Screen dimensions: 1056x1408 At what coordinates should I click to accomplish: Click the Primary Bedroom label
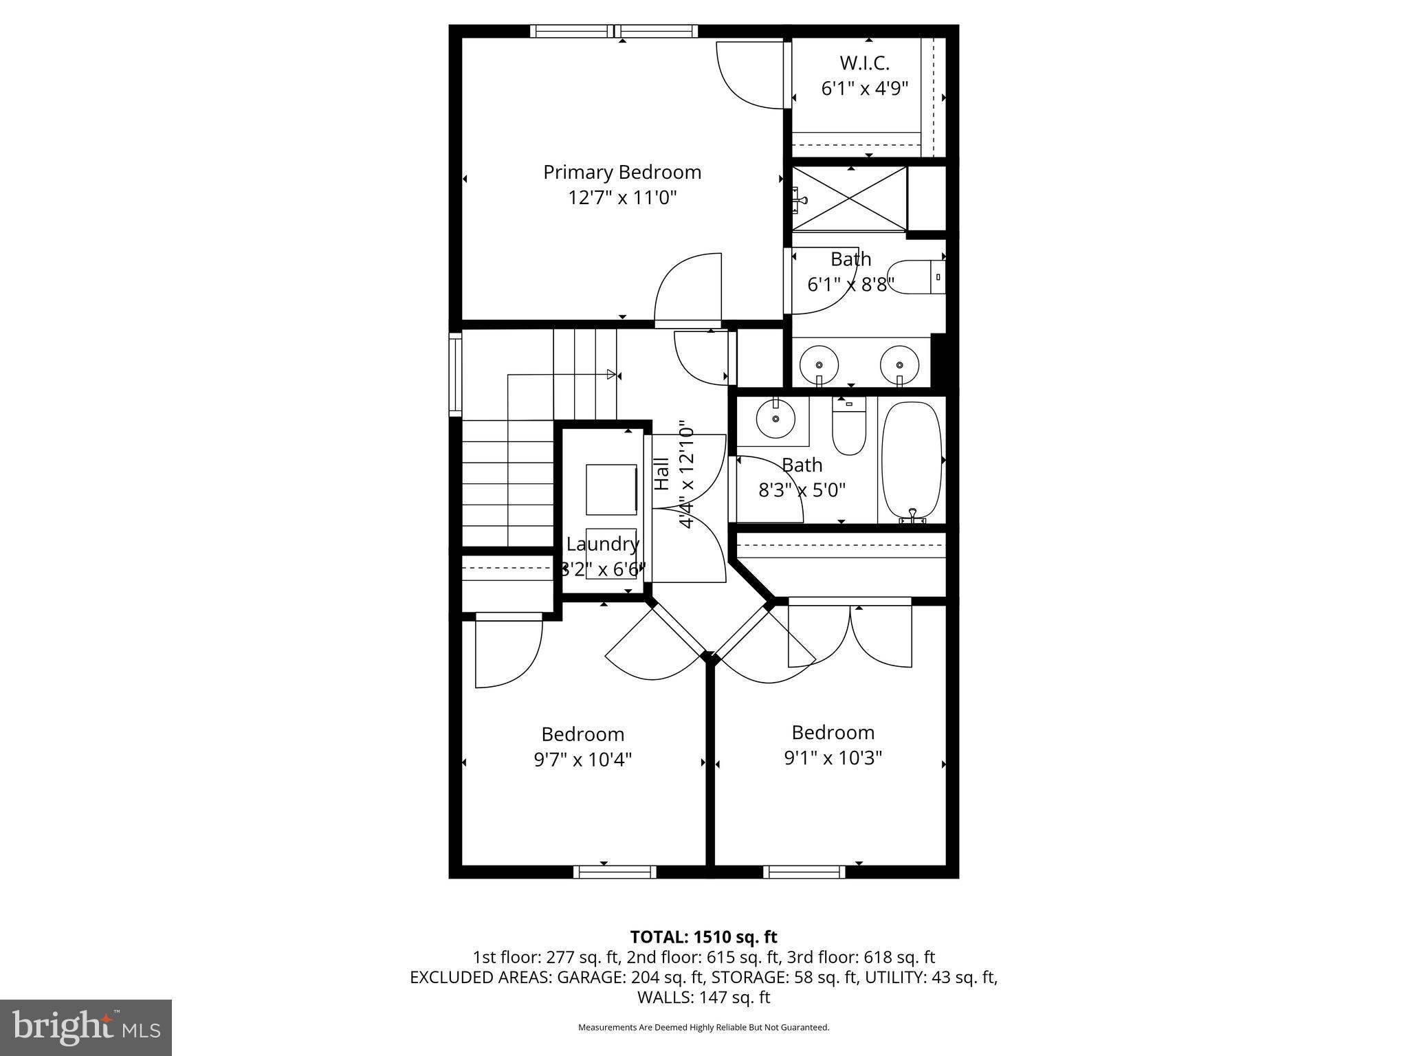[622, 172]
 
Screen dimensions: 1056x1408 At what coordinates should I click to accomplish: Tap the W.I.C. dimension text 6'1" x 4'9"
[865, 89]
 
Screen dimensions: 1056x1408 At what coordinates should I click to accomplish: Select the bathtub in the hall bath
[911, 461]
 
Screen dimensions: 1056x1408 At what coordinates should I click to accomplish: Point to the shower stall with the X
[850, 198]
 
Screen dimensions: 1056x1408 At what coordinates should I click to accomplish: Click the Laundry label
[602, 544]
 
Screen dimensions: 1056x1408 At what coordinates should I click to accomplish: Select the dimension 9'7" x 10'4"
[582, 760]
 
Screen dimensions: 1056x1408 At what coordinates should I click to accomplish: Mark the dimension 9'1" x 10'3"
[833, 758]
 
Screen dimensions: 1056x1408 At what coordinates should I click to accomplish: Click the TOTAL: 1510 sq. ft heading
[703, 937]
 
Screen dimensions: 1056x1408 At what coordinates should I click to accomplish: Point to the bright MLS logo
[86, 1028]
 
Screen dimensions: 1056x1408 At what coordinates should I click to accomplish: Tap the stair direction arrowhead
[610, 375]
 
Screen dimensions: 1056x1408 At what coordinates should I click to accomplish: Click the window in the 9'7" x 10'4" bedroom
[615, 872]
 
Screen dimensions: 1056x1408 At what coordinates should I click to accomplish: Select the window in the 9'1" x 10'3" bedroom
[804, 872]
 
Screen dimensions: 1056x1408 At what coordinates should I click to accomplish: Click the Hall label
[662, 474]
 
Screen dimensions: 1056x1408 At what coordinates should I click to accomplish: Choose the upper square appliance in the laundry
[611, 489]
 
